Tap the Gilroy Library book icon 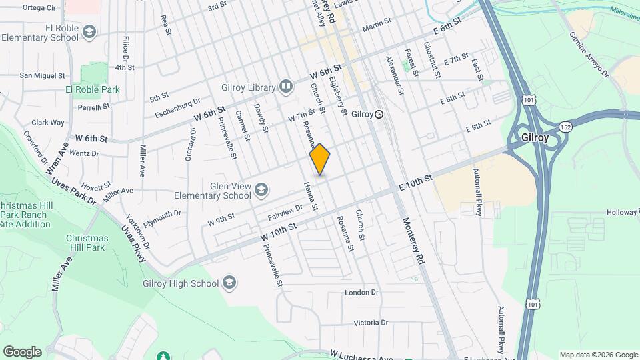(x=286, y=87)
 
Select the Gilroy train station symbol (x=379, y=115)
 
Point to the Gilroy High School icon (x=229, y=283)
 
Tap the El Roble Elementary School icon (x=89, y=32)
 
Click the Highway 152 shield (x=566, y=126)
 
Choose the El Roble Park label (x=92, y=89)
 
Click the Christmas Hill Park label (x=87, y=243)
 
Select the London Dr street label (x=362, y=293)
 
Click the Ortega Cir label (x=39, y=8)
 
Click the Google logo (x=22, y=352)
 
